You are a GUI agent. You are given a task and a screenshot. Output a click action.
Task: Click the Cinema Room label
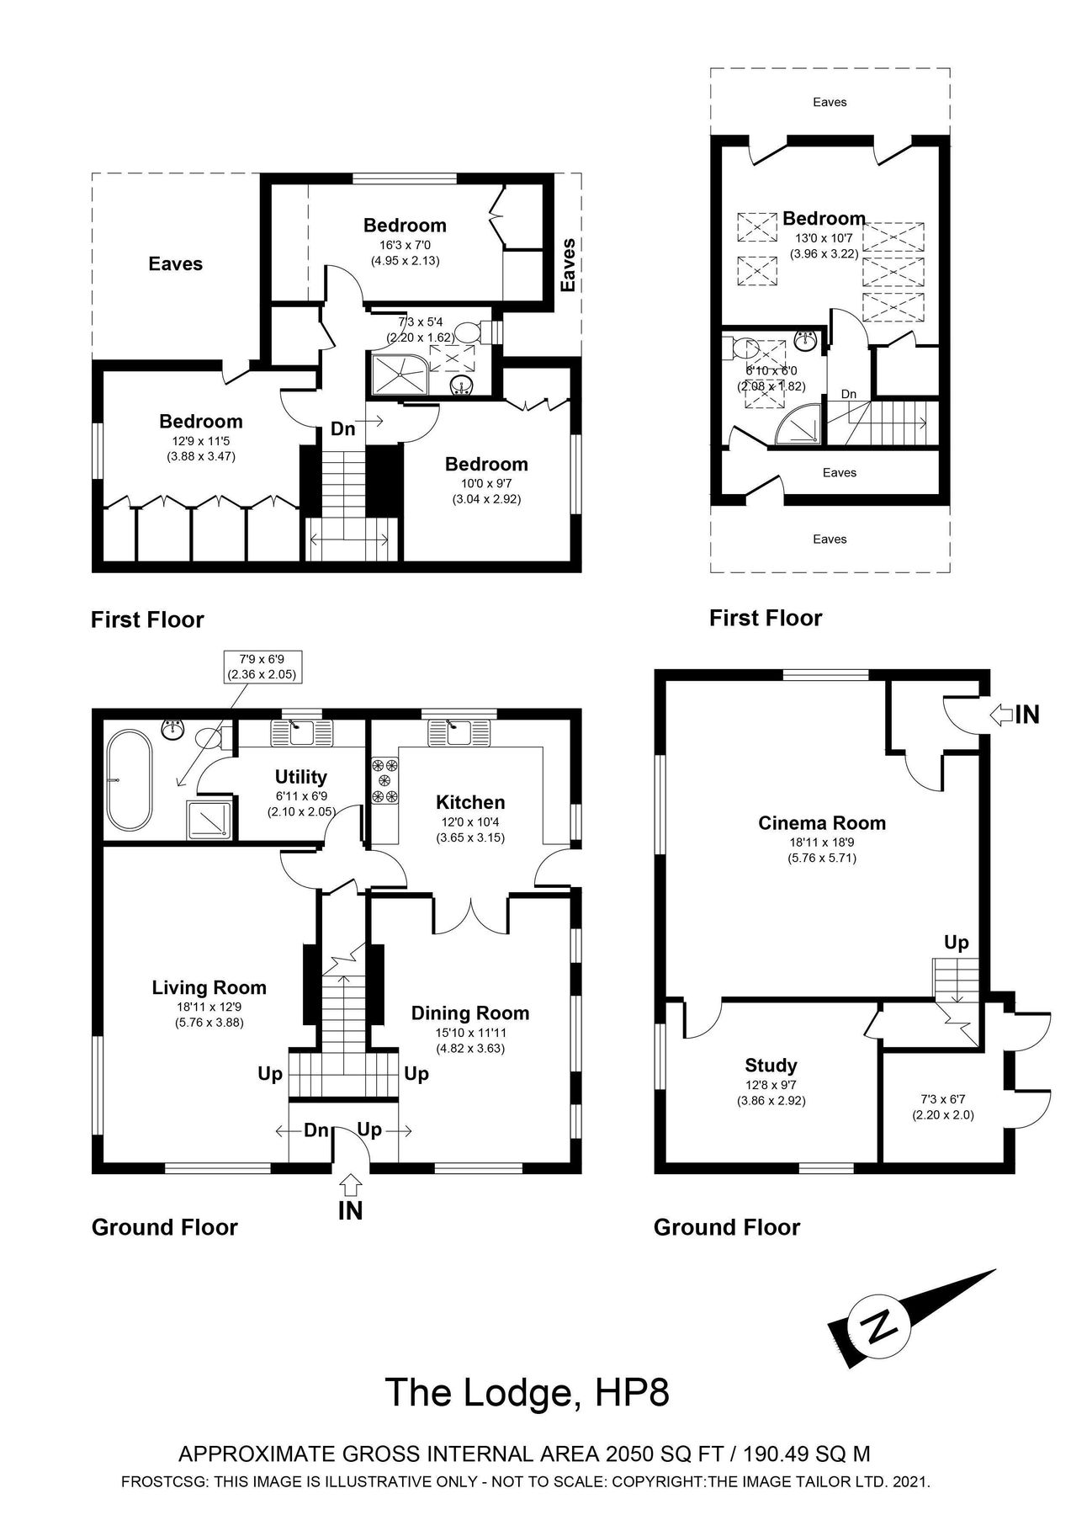821,823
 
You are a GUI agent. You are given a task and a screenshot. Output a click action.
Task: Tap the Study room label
771,1066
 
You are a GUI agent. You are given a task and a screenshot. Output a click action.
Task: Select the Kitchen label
470,802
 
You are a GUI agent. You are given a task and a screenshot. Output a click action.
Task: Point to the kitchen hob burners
384,780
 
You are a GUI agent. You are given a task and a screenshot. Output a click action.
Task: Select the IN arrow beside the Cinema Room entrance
1002,715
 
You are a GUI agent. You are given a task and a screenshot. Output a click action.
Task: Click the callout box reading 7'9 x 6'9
262,666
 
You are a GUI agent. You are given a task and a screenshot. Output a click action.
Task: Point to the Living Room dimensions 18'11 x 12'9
209,1007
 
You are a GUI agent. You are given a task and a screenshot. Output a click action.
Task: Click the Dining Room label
469,1013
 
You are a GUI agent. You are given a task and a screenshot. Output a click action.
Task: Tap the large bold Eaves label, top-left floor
176,263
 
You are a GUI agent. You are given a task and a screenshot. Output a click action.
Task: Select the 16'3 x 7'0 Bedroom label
405,225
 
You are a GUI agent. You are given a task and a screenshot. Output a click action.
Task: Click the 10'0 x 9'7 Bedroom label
486,464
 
